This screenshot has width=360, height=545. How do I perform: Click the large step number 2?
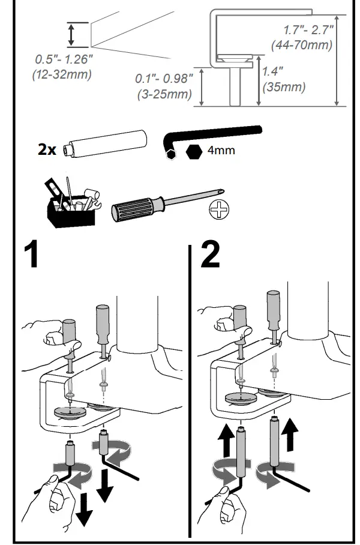(x=209, y=256)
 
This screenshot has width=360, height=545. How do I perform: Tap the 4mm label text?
(x=221, y=150)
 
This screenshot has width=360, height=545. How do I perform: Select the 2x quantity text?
(x=46, y=149)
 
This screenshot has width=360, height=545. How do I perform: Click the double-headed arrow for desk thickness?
(x=71, y=35)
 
